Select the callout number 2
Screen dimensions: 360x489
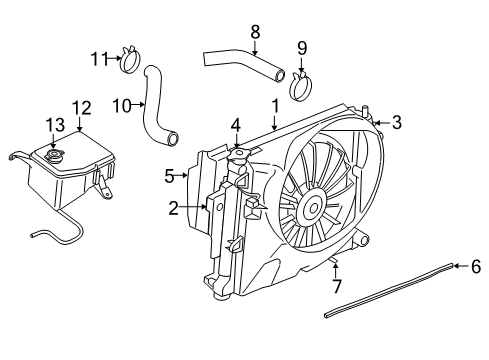coord(173,208)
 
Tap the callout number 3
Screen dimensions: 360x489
coord(397,123)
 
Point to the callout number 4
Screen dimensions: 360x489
coord(235,125)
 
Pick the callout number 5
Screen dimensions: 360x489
coord(169,176)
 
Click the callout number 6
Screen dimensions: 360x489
coord(476,266)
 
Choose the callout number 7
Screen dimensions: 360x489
coord(335,282)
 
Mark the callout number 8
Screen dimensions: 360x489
coord(255,31)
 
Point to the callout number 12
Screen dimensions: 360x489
coord(80,107)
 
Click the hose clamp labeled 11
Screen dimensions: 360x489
coord(128,62)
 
